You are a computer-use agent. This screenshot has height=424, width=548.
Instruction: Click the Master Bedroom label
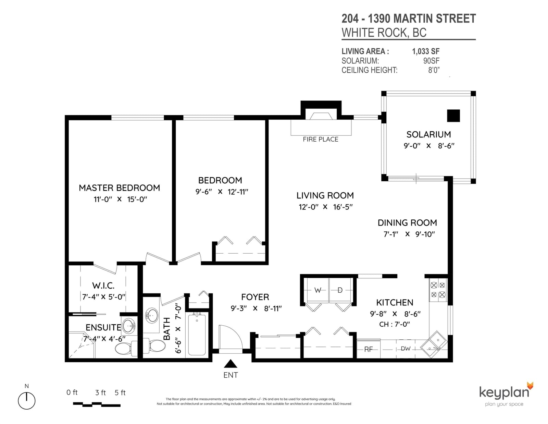point(119,188)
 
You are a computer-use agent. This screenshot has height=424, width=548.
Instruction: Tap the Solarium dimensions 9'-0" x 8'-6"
point(429,146)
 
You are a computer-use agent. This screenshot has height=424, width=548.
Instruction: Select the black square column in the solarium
point(453,116)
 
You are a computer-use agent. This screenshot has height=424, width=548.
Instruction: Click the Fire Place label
point(321,139)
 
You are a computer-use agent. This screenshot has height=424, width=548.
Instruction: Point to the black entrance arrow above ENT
point(231,364)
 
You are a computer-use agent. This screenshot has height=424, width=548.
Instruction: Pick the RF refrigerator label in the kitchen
point(369,349)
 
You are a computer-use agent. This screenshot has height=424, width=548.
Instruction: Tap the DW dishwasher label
point(406,349)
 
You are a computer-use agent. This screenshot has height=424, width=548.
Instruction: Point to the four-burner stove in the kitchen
point(438,290)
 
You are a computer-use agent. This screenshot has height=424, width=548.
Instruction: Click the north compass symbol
point(26,401)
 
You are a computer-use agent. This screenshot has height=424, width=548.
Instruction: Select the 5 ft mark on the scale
point(120,393)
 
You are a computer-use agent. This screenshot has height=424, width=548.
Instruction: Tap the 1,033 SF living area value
point(426,51)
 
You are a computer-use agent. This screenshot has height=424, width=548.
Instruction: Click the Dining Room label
point(407,222)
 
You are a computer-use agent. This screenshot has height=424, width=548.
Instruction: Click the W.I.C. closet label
point(103,286)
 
